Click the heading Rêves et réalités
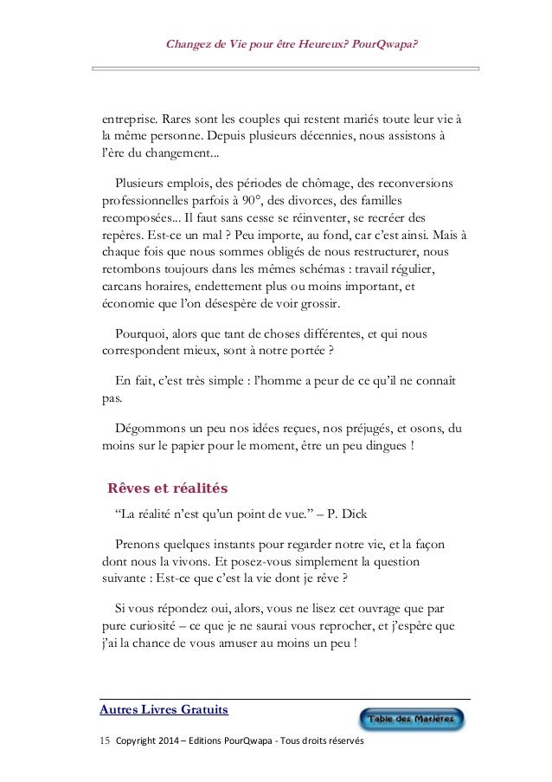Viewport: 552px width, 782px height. click(x=167, y=488)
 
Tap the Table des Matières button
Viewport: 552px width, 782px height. click(x=412, y=720)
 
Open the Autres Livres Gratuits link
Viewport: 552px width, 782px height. click(x=164, y=710)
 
